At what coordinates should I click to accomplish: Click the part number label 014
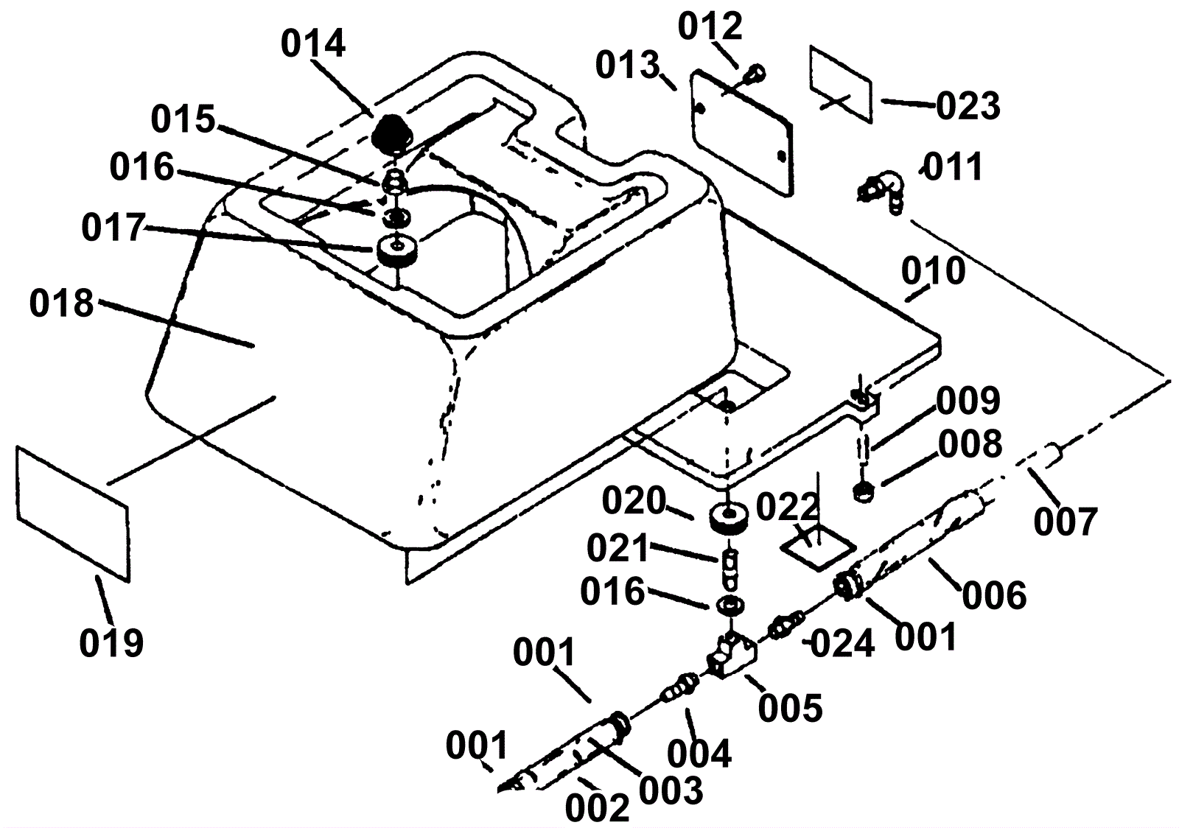click(313, 43)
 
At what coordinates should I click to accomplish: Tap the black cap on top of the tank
click(392, 133)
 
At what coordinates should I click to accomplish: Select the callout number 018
click(62, 304)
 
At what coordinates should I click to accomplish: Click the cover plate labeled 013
click(741, 133)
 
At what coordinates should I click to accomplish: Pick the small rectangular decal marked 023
click(841, 84)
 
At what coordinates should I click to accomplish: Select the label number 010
click(933, 271)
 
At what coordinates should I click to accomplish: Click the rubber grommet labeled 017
click(398, 252)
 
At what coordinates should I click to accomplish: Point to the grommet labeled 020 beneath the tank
click(729, 519)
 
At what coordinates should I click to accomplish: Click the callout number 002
click(597, 807)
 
